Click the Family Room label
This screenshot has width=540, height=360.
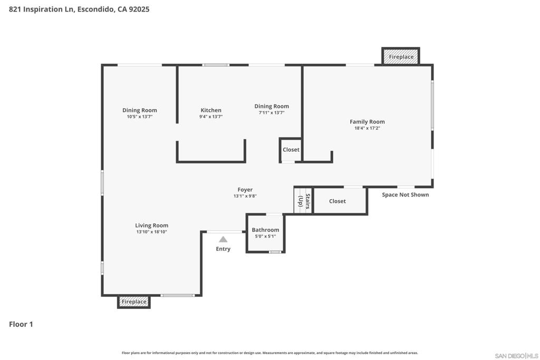click(x=367, y=121)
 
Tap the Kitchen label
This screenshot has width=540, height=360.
click(x=211, y=110)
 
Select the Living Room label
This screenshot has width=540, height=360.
click(x=151, y=226)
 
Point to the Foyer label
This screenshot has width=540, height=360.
click(x=245, y=190)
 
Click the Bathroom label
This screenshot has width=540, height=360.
click(x=265, y=230)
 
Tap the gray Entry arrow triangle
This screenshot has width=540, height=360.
click(x=223, y=239)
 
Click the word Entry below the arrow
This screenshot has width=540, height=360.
click(x=223, y=249)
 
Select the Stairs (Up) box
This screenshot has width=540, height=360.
click(x=303, y=201)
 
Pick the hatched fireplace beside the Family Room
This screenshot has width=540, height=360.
click(x=401, y=56)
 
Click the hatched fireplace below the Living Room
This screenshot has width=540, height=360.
click(x=134, y=302)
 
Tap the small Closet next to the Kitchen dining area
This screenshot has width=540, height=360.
click(x=291, y=150)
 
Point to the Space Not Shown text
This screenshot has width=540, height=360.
click(x=406, y=195)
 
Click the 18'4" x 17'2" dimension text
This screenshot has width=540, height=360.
click(x=367, y=129)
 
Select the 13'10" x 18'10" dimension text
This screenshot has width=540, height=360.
click(x=151, y=232)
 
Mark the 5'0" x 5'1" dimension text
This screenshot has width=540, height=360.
click(x=265, y=237)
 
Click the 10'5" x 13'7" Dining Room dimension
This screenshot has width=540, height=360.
click(x=139, y=116)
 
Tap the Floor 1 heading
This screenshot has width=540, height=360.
click(x=21, y=324)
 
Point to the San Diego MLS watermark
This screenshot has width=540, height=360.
click(x=516, y=356)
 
